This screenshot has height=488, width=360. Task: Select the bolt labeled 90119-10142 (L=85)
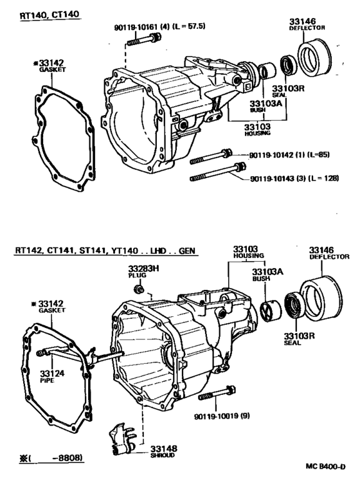pyautogui.click(x=211, y=156)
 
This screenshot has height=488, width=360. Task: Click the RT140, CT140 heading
pyautogui.click(x=50, y=15)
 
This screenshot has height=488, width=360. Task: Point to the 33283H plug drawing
pyautogui.click(x=139, y=289)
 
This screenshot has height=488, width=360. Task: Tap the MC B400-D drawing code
pyautogui.click(x=325, y=466)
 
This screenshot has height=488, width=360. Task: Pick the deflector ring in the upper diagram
pyautogui.click(x=314, y=58)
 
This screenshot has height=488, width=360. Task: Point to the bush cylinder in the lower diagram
pyautogui.click(x=271, y=311)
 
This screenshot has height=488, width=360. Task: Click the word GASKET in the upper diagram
pyautogui.click(x=52, y=69)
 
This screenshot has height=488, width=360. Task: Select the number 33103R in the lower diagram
pyautogui.click(x=299, y=336)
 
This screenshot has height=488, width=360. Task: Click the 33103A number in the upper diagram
pyautogui.click(x=265, y=104)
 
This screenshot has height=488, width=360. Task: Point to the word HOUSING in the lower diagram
pyautogui.click(x=249, y=256)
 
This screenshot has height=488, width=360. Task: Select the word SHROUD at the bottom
pyautogui.click(x=163, y=455)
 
